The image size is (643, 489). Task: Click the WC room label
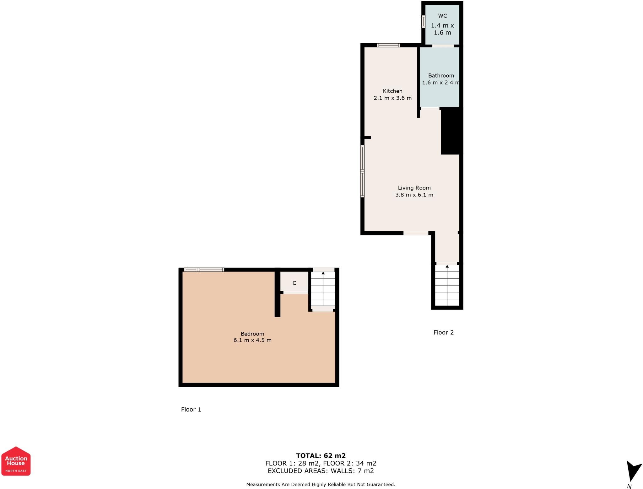(442, 16)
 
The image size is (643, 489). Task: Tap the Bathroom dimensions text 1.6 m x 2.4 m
(441, 83)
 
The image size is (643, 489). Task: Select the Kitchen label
(392, 91)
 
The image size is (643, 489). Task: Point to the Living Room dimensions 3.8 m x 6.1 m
(414, 195)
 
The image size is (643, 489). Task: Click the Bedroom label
(252, 334)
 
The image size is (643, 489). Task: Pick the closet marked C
(294, 283)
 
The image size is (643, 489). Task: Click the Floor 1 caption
(191, 410)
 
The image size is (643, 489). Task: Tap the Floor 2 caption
(443, 332)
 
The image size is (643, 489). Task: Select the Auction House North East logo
(16, 461)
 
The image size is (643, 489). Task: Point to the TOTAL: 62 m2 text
(321, 456)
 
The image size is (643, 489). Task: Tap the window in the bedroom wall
(204, 270)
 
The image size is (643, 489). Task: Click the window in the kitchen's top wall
(389, 45)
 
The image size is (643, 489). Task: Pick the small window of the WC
(423, 22)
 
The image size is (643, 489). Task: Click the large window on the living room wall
(362, 171)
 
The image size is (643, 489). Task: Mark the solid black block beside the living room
(452, 131)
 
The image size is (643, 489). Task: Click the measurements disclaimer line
(321, 485)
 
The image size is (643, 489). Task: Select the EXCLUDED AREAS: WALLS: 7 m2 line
(321, 471)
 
